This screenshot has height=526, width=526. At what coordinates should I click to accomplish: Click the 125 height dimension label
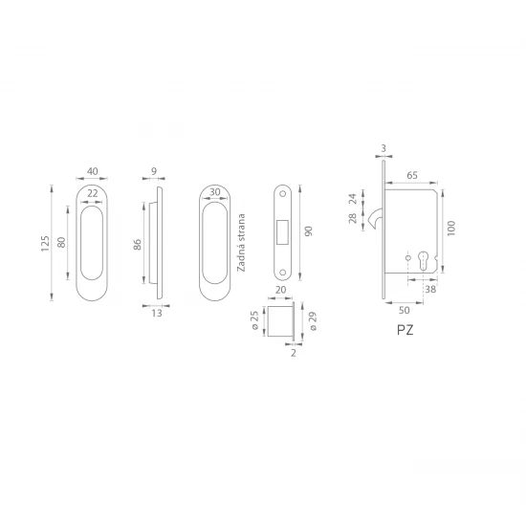[45, 244]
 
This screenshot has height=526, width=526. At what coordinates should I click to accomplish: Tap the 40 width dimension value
[92, 171]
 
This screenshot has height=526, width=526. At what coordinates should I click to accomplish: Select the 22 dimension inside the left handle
[92, 193]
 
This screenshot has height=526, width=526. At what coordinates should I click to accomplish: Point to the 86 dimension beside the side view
[138, 245]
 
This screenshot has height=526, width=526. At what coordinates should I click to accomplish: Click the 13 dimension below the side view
[157, 314]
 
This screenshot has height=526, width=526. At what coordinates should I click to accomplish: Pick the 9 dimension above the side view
[154, 171]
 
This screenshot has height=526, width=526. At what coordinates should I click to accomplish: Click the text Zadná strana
[241, 243]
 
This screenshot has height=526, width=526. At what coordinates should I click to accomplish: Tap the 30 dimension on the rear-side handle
[214, 192]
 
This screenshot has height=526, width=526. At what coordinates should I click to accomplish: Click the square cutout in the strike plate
[282, 231]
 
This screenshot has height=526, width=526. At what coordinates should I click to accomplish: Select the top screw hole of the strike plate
[282, 194]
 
